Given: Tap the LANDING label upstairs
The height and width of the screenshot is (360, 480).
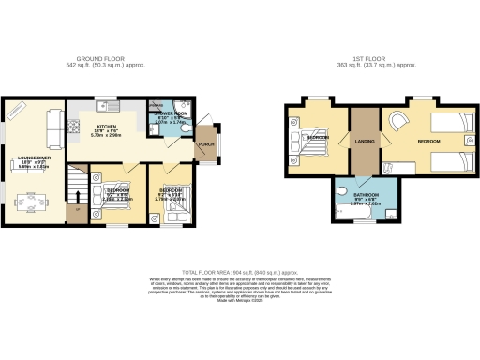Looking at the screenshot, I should click(365, 141).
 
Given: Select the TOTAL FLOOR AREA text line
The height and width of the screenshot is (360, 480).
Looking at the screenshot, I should click(239, 270).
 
